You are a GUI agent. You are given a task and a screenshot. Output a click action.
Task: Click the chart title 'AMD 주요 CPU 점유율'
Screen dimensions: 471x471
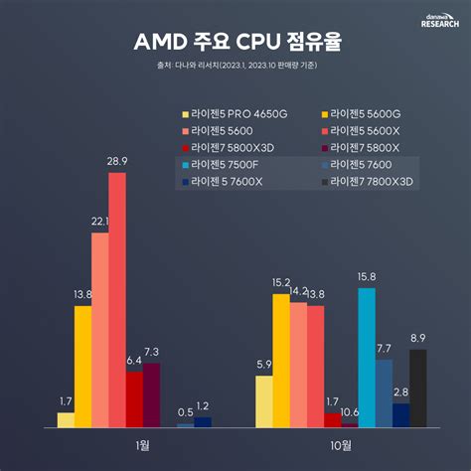pyautogui.click(x=235, y=44)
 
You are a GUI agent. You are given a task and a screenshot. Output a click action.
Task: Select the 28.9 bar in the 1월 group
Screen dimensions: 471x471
pyautogui.click(x=117, y=299)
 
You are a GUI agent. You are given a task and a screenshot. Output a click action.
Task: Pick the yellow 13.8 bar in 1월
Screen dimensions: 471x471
pyautogui.click(x=82, y=366)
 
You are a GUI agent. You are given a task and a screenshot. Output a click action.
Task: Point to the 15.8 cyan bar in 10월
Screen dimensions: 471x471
pyautogui.click(x=367, y=357)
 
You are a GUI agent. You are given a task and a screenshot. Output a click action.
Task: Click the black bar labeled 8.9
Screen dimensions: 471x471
pyautogui.click(x=417, y=388)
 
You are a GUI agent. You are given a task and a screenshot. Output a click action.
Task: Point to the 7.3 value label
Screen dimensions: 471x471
pyautogui.click(x=151, y=353)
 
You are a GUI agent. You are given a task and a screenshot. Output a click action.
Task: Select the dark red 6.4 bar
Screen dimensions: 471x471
pyautogui.click(x=134, y=398)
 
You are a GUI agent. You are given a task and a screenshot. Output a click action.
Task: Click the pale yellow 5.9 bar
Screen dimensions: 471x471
pyautogui.click(x=264, y=400)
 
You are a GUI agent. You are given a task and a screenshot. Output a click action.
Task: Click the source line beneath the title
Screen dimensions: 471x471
pyautogui.click(x=235, y=68)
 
